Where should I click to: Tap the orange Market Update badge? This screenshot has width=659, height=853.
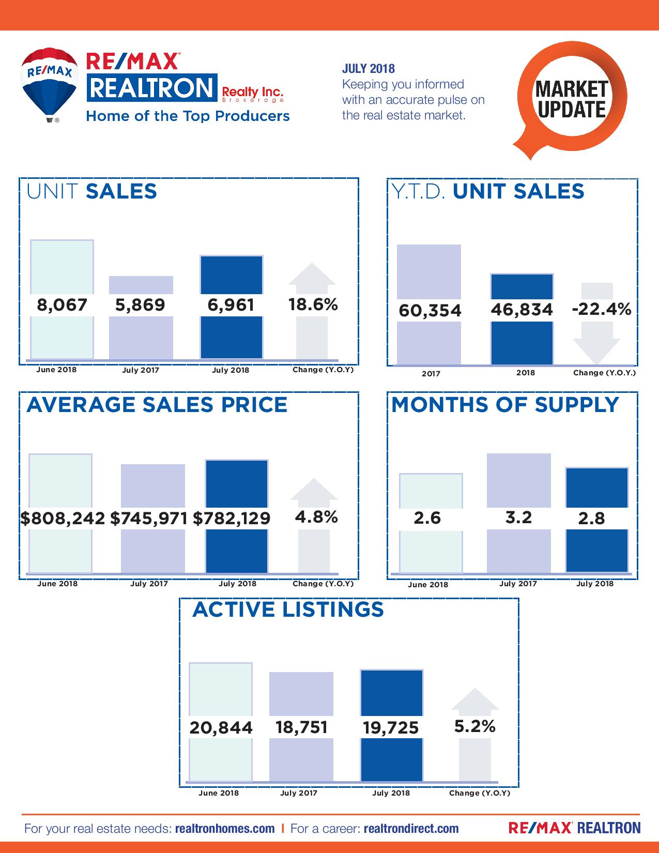tap(572, 98)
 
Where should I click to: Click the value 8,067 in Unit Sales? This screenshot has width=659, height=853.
tap(62, 304)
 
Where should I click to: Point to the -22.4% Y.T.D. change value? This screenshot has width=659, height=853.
tap(602, 309)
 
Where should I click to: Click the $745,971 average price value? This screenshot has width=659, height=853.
tap(149, 518)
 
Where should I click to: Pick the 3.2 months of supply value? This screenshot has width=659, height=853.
tap(518, 517)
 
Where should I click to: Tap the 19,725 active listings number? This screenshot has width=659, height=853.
tap(391, 728)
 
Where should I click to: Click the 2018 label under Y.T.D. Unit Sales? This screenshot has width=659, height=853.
tap(526, 373)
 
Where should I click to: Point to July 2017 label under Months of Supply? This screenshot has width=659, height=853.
tap(518, 584)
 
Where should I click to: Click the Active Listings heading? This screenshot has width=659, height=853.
tap(288, 610)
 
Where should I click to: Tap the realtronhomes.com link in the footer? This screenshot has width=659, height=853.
tap(225, 828)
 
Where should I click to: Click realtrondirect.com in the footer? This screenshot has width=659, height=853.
tap(411, 828)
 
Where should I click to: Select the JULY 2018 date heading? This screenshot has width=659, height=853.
tap(369, 69)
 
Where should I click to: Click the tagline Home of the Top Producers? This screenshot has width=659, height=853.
tap(188, 116)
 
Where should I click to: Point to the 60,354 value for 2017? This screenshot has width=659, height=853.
tap(430, 311)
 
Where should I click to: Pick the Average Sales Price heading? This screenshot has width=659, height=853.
tap(157, 404)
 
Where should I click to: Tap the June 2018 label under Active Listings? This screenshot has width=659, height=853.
tap(219, 793)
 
